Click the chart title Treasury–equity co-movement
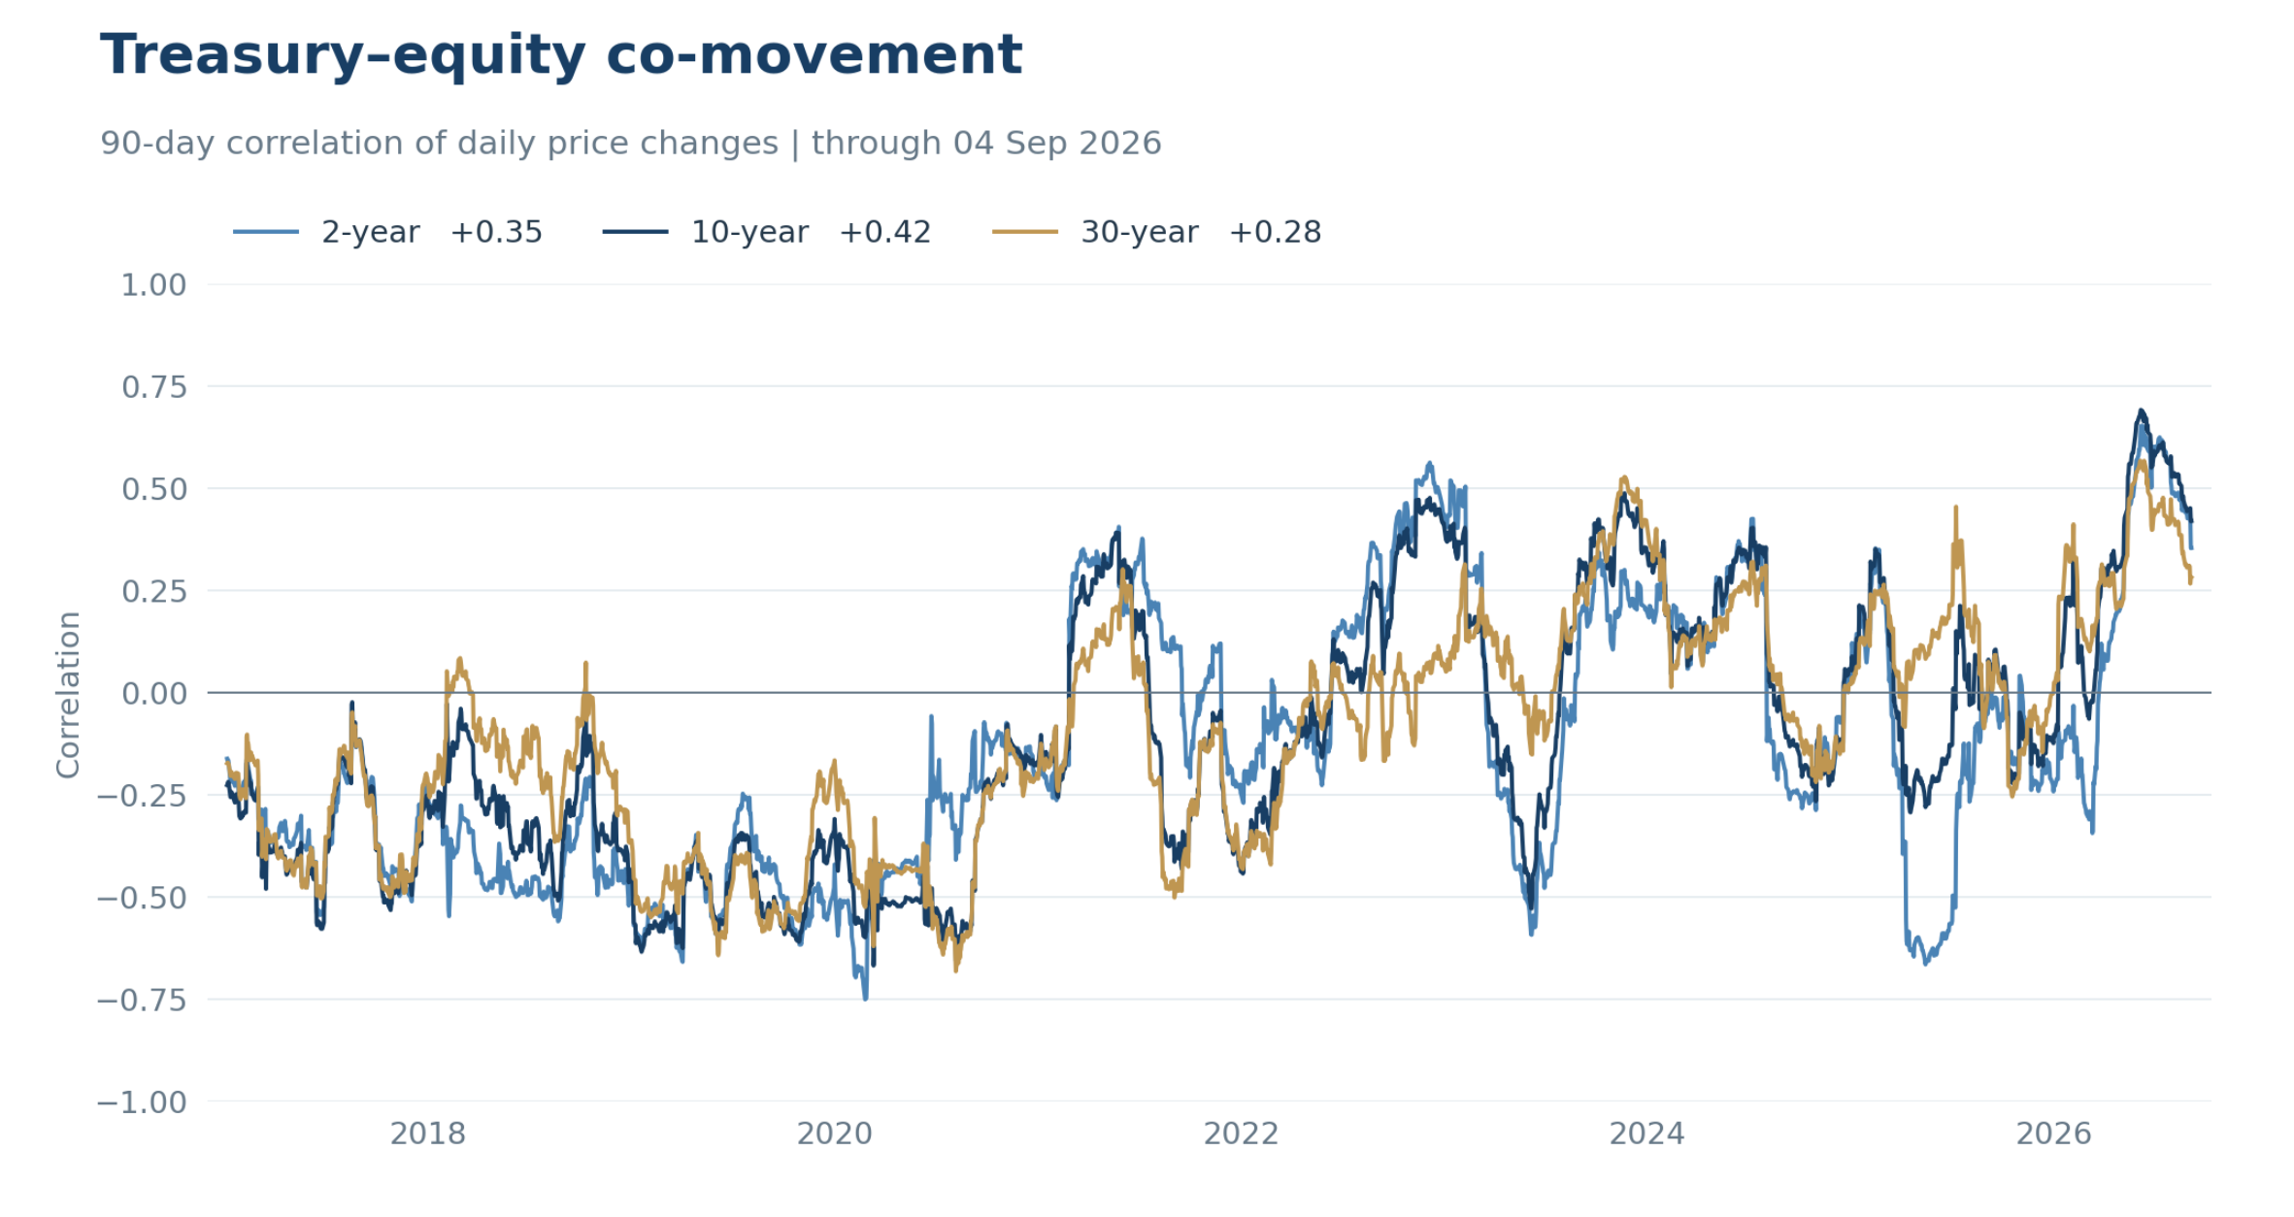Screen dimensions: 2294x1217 [x=561, y=55]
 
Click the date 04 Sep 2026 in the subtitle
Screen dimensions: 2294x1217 [x=1057, y=144]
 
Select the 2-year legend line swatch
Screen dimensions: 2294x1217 [x=266, y=232]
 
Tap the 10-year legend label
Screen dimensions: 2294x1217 [x=749, y=233]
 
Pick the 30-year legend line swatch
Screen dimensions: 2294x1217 [x=1025, y=232]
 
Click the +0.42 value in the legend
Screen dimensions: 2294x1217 [x=885, y=233]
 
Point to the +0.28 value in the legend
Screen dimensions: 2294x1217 [x=1275, y=233]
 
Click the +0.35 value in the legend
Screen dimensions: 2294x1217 [x=496, y=233]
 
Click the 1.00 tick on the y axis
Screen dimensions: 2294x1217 [x=153, y=285]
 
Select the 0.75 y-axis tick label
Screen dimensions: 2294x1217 [x=153, y=387]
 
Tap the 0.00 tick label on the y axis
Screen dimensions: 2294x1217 [x=153, y=694]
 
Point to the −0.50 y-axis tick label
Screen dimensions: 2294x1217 [x=142, y=898]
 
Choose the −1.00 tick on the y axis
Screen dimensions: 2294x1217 [x=142, y=1102]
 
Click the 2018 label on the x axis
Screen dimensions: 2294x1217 [x=428, y=1134]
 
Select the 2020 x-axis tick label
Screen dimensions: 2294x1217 [x=835, y=1134]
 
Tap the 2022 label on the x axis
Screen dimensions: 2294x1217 [x=1241, y=1134]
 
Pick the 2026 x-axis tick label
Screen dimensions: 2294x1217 [x=2054, y=1134]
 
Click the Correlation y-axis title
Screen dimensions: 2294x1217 [x=68, y=694]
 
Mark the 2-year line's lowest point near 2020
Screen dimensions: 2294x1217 [x=865, y=999]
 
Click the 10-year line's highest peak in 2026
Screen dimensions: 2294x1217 [x=2141, y=411]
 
